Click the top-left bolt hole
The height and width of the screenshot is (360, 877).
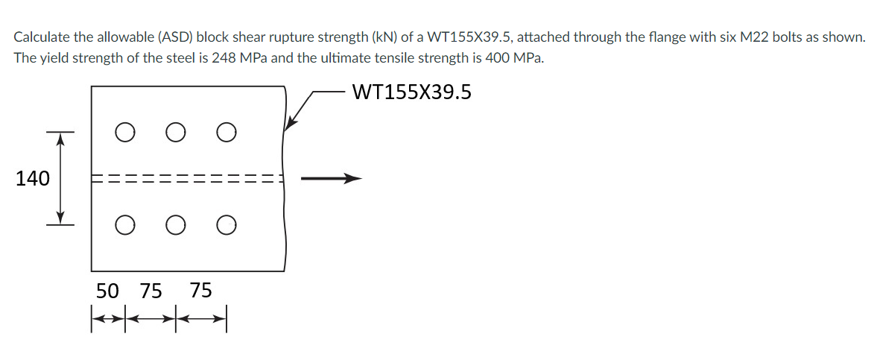pos(125,133)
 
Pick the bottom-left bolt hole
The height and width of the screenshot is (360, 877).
pos(125,223)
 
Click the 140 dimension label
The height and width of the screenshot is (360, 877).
pos(32,178)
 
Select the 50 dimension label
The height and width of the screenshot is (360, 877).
pos(109,290)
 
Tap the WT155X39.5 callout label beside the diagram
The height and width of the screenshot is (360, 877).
pos(411,92)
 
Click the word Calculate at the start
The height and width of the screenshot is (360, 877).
pos(42,37)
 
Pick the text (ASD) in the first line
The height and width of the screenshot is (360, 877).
pos(172,37)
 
